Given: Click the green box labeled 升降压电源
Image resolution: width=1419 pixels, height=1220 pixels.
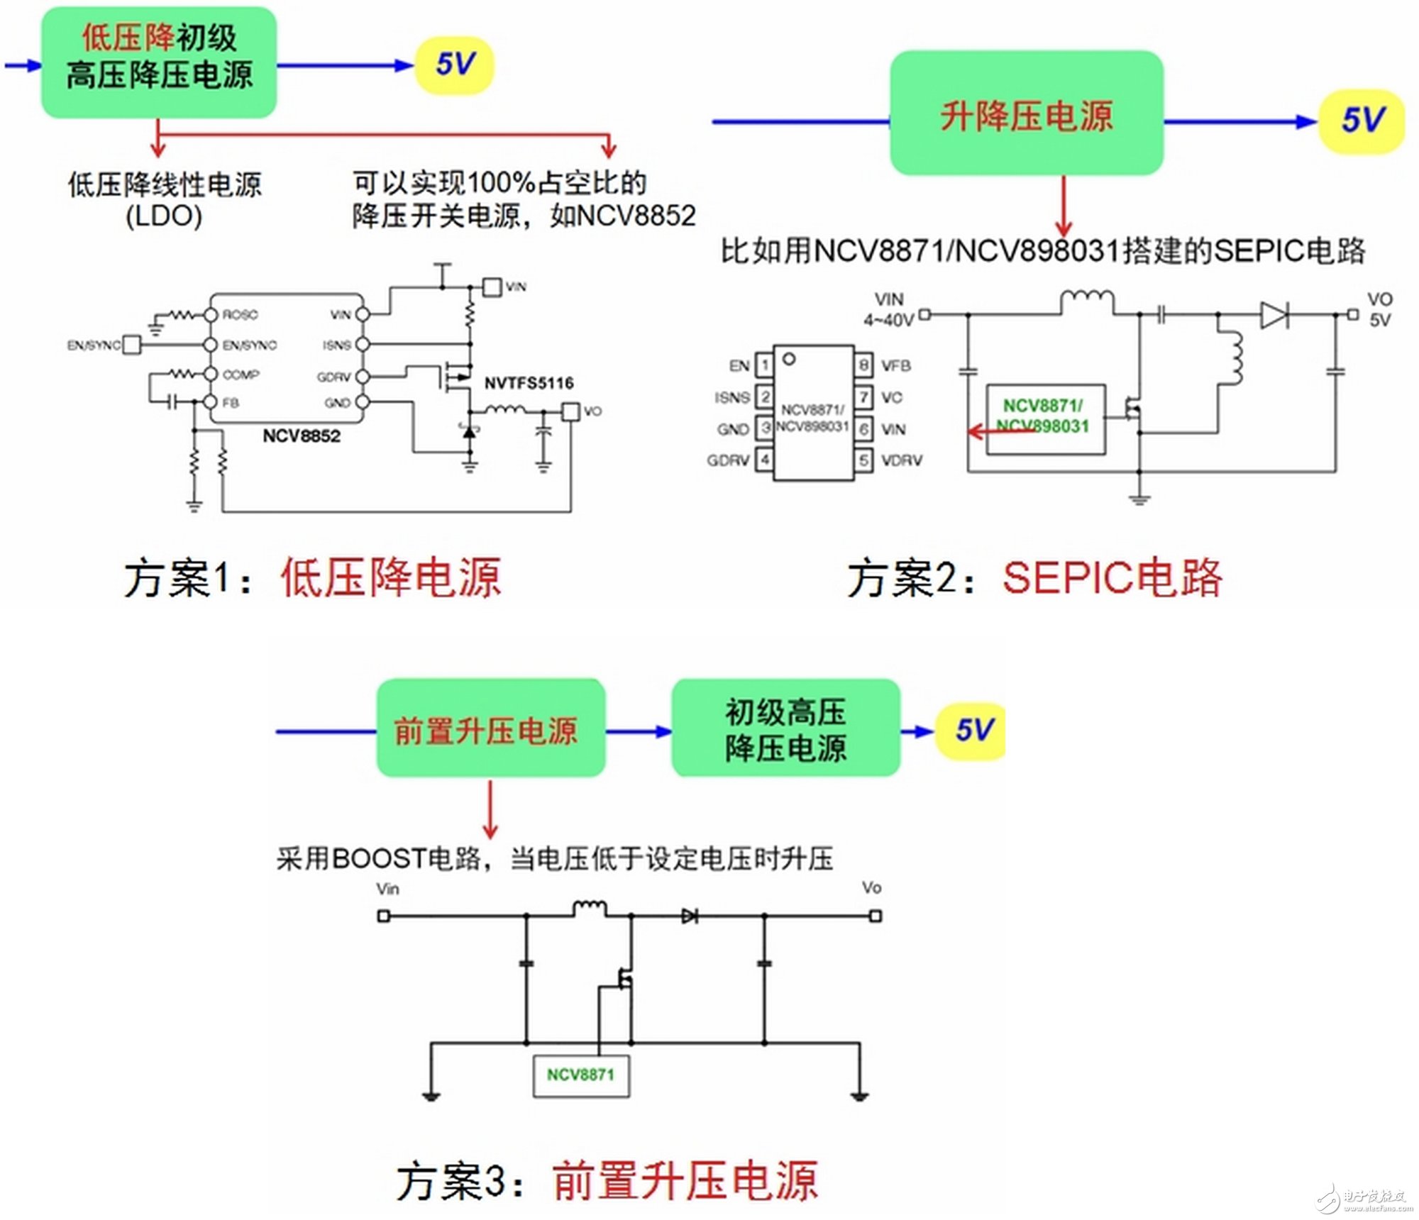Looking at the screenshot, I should click(x=1026, y=113).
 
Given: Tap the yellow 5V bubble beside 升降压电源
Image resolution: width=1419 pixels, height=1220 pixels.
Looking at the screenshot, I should click(x=1361, y=121).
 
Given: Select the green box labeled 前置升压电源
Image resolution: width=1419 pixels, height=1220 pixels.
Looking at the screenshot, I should click(x=490, y=729).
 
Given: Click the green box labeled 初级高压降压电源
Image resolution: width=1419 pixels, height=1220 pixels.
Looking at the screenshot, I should click(x=785, y=729).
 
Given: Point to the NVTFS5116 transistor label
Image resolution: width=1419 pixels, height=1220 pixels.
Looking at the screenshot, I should click(x=529, y=383).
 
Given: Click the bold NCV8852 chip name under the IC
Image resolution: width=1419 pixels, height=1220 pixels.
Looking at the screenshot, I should click(x=302, y=436).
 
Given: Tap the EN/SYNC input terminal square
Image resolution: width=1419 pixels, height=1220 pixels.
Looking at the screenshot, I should click(x=132, y=345).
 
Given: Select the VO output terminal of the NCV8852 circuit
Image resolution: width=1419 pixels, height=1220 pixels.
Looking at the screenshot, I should click(x=570, y=411).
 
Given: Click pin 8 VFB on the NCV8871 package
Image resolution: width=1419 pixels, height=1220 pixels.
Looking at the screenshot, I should click(x=863, y=365).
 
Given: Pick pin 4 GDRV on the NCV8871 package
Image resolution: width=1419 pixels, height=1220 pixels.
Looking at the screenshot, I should click(x=764, y=460).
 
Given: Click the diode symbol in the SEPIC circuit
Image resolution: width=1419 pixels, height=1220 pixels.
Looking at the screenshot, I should click(x=1274, y=314).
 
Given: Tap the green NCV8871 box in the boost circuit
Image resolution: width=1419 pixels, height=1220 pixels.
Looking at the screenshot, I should click(x=580, y=1075).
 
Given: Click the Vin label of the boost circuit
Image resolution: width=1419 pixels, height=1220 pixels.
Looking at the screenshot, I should click(x=387, y=889).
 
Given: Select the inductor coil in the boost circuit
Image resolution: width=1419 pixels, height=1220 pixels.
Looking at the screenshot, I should click(x=589, y=908).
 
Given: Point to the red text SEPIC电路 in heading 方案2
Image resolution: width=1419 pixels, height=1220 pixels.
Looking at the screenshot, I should click(x=1112, y=578).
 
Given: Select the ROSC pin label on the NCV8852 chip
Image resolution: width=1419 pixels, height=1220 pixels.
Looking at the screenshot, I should click(x=240, y=314).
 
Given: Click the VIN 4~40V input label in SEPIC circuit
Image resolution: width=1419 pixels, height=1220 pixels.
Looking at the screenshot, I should click(x=888, y=310).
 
